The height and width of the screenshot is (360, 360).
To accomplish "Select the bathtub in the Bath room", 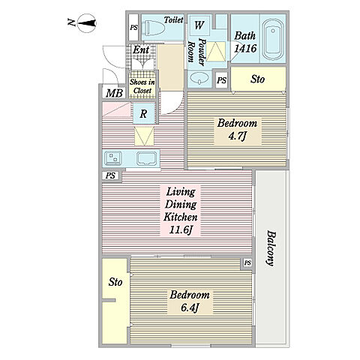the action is tap(273, 40).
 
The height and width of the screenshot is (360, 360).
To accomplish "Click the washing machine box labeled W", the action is tap(199, 25).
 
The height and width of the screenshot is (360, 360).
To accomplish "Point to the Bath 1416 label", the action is tap(245, 42).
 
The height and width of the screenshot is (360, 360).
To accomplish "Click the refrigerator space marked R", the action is tap(143, 114).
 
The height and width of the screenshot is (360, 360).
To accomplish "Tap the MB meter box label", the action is tap(114, 93).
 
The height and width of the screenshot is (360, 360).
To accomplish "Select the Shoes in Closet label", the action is tap(142, 86).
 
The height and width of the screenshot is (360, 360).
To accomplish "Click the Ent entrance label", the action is tap(141, 49).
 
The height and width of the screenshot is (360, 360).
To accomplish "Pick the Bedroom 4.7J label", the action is tap(237, 130).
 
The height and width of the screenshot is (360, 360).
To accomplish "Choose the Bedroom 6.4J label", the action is tap(190, 301).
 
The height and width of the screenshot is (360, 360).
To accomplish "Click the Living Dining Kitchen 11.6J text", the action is tap(181, 211).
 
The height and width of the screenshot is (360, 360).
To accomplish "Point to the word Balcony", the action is tap(271, 248).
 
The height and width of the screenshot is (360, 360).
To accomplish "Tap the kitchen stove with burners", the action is tap(113, 158).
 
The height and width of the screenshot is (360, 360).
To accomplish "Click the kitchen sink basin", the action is tap(147, 159).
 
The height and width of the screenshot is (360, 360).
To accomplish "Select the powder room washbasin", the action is tap(199, 78).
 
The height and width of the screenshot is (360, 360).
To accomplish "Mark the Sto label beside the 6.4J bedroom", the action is tap(115, 282).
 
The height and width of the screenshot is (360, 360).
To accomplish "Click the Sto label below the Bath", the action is tap(257, 79).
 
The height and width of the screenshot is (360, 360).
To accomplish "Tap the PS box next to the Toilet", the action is tap(133, 27).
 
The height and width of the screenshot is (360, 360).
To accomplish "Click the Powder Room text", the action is tap(196, 52).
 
